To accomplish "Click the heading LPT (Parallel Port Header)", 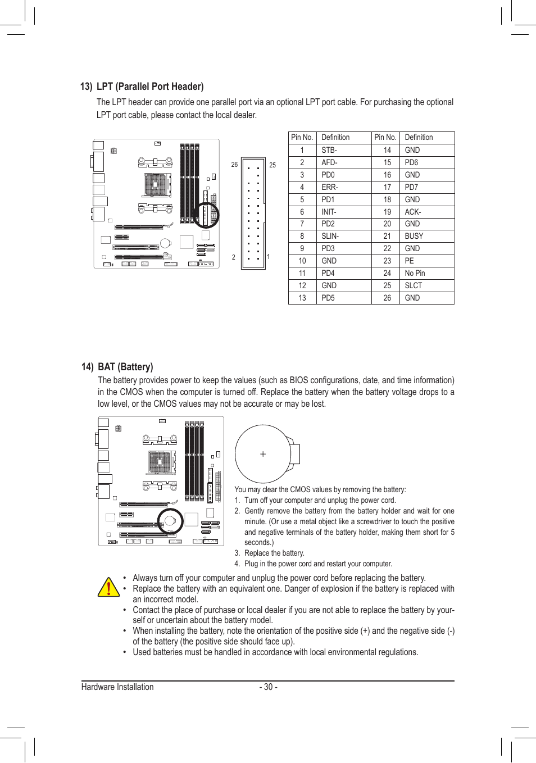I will point(149,87).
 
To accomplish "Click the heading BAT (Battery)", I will point(125,367).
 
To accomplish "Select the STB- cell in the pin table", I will point(329,150).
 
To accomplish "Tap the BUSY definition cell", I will point(414,237).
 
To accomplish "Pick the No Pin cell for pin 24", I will point(415,273).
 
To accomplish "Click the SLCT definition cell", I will point(414,285).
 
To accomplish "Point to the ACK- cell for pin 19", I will point(413,212).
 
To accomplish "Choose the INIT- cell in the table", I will point(329,212).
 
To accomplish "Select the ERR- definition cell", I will point(330,187).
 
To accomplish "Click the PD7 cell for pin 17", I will point(412,187).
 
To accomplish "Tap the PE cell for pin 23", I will point(410,261).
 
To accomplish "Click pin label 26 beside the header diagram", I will point(234,165).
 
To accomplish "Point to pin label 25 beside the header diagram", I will point(272,165).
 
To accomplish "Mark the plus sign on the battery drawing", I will point(263,454).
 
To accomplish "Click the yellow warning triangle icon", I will point(108,587).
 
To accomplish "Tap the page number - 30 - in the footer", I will point(269,687).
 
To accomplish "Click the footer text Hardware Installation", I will point(117,687).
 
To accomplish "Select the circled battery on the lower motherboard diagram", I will point(170,521).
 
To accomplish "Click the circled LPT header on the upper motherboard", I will point(206,214).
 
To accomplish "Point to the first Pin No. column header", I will point(302,138).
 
